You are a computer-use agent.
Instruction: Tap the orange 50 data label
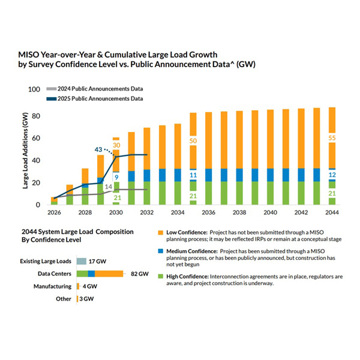tap(193, 141)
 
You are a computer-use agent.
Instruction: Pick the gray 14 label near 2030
tap(109, 187)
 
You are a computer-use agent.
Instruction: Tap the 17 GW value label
tap(97, 262)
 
